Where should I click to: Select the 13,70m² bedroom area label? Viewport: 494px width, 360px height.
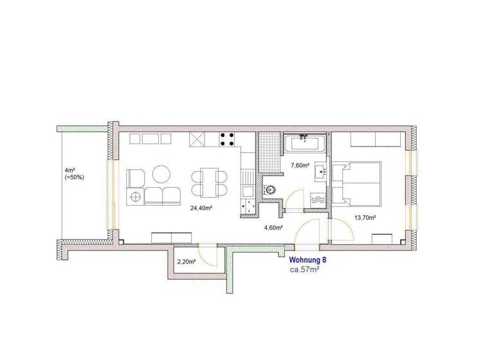click(x=365, y=217)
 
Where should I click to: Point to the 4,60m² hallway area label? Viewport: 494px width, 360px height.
click(x=273, y=227)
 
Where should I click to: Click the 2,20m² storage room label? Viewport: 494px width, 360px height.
click(x=187, y=261)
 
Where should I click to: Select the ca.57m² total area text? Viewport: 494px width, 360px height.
click(x=305, y=269)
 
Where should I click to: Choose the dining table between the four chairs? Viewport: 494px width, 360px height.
click(x=209, y=183)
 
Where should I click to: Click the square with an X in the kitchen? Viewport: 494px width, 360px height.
click(x=197, y=139)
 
